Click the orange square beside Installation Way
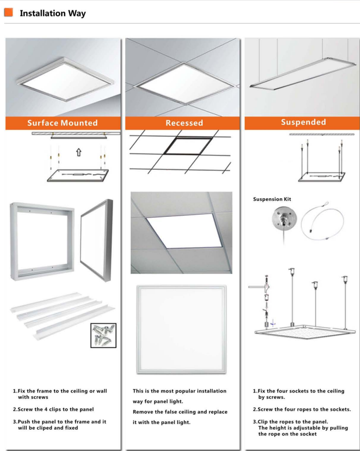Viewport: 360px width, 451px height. pyautogui.click(x=9, y=12)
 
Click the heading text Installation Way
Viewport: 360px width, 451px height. pyautogui.click(x=53, y=13)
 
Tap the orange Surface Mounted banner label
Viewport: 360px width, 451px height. pyautogui.click(x=63, y=123)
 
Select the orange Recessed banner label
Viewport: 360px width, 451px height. pyautogui.click(x=184, y=123)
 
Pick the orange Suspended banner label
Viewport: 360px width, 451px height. pyautogui.click(x=303, y=122)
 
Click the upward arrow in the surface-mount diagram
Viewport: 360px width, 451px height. pyautogui.click(x=79, y=152)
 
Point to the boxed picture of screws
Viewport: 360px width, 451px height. pyautogui.click(x=103, y=335)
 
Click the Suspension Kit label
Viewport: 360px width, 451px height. pyautogui.click(x=272, y=199)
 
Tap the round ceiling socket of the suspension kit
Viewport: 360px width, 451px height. pyautogui.click(x=284, y=219)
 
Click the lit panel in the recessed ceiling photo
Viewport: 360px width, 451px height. pyautogui.click(x=184, y=231)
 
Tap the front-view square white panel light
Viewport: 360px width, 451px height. pyautogui.click(x=182, y=329)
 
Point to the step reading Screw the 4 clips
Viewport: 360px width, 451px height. pyautogui.click(x=53, y=409)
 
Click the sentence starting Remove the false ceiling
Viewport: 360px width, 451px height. pyautogui.click(x=180, y=417)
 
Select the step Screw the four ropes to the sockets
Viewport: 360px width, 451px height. pyautogui.click(x=302, y=409)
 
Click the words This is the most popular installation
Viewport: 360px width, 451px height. pyautogui.click(x=179, y=391)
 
